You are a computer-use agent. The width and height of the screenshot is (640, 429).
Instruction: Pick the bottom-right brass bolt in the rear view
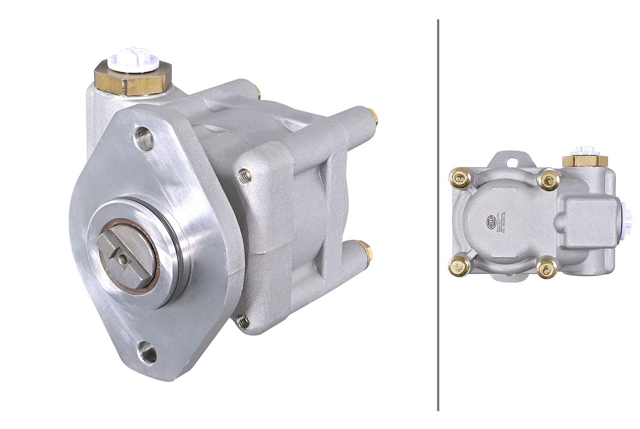click(x=546, y=268)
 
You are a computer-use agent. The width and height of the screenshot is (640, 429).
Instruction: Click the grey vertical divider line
click(x=438, y=214)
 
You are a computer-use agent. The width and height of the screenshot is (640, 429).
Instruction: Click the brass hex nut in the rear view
click(x=584, y=161)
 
